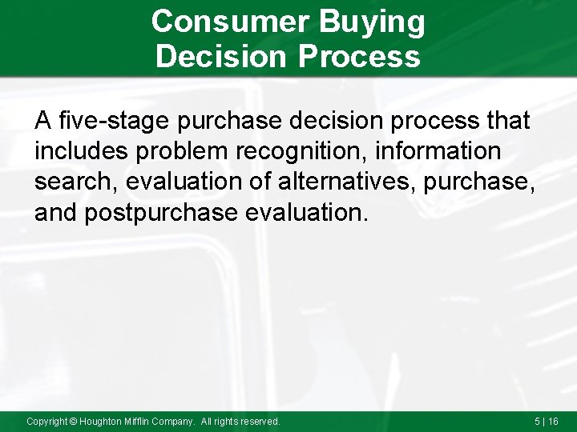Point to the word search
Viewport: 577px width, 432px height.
coord(75,182)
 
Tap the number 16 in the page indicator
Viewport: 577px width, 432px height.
coord(553,421)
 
